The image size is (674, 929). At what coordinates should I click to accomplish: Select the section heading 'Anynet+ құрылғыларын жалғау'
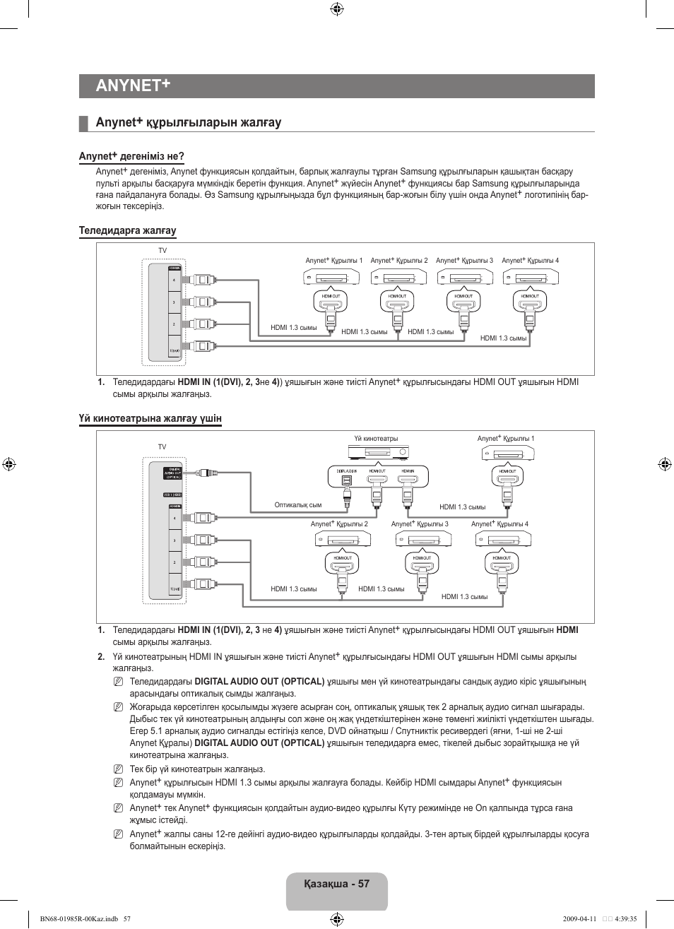189,123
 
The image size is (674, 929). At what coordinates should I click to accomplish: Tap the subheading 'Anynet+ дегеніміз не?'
131,156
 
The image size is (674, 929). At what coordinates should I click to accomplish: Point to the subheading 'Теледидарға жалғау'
127,230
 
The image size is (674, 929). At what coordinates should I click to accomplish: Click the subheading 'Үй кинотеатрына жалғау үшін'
150,418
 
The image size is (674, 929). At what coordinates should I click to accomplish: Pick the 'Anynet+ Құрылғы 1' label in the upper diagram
333,261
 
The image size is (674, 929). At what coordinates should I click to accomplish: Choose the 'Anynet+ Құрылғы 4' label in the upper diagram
530,261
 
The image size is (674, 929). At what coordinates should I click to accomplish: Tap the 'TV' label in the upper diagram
162,251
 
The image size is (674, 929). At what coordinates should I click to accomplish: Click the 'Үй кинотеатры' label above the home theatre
376,439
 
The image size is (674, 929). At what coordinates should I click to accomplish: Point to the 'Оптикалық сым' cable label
297,505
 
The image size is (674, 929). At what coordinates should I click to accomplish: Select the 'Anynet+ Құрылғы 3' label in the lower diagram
420,524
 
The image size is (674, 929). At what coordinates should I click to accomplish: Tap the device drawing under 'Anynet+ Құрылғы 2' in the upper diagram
398,277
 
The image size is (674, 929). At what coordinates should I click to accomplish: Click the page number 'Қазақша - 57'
337,884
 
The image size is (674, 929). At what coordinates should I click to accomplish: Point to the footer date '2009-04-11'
579,919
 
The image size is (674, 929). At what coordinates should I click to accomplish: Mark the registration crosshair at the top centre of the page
337,9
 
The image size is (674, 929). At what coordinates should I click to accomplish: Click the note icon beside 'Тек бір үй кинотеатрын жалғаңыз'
117,769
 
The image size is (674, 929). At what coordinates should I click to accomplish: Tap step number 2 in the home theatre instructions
101,656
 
